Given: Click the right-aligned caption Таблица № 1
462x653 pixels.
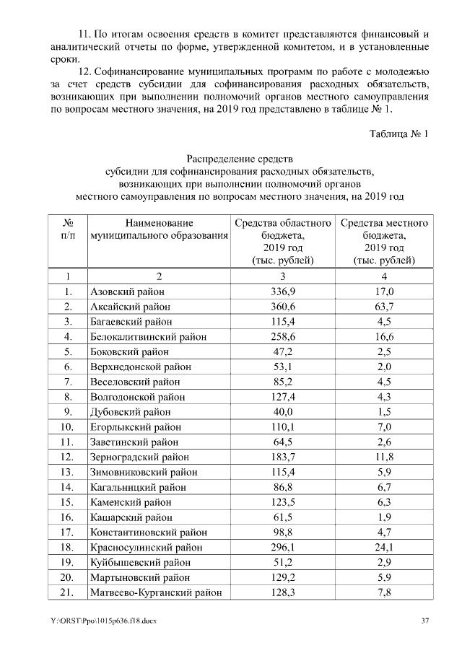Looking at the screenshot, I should pyautogui.click(x=398, y=134).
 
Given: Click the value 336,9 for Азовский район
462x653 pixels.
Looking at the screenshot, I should pyautogui.click(x=283, y=292).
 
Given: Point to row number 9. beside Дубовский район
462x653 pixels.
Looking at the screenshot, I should pyautogui.click(x=68, y=412).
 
